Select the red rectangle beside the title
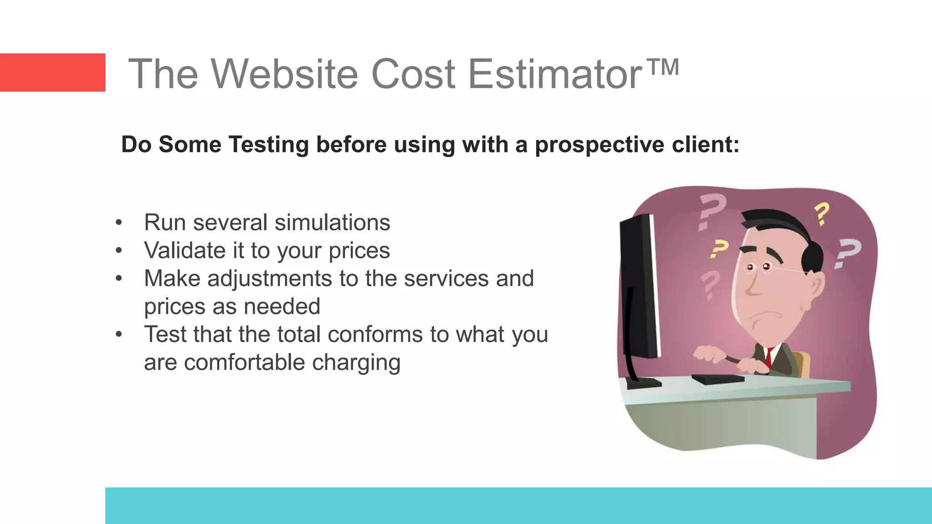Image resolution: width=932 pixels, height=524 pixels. pyautogui.click(x=52, y=72)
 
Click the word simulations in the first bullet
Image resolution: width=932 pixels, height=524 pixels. pyautogui.click(x=332, y=222)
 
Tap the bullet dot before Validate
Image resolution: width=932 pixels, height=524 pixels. pyautogui.click(x=119, y=250)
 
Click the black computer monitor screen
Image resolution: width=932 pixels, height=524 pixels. pyautogui.click(x=642, y=291)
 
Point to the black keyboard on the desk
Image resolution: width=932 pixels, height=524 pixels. pyautogui.click(x=717, y=379)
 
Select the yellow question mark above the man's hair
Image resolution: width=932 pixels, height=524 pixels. pyautogui.click(x=822, y=214)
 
